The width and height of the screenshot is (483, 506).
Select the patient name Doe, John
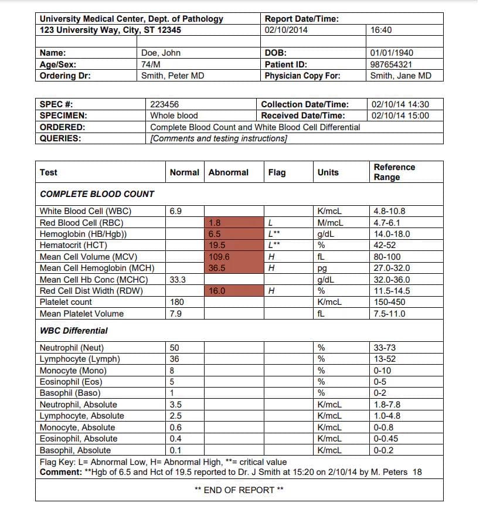pos(161,53)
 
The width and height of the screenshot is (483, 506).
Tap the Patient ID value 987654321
pos(391,64)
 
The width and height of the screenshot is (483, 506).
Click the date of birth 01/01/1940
pos(392,53)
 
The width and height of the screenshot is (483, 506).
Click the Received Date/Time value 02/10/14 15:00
pos(400,116)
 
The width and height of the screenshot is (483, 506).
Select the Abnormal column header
pos(228,172)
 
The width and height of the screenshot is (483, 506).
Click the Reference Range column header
pos(394,172)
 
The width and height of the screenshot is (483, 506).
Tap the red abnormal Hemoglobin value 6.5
pos(215,234)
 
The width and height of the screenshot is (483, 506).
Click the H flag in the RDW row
pos(270,291)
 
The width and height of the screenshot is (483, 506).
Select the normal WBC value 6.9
pos(176,211)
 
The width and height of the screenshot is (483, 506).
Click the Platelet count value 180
pos(177,302)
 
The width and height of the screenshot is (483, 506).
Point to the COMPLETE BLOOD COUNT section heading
pos(97,194)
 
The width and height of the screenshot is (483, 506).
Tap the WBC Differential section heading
pos(73,331)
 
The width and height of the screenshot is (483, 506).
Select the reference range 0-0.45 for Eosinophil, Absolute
pos(385,439)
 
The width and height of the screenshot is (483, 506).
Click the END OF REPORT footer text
pos(239,490)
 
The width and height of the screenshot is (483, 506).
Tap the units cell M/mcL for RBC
pos(329,222)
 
